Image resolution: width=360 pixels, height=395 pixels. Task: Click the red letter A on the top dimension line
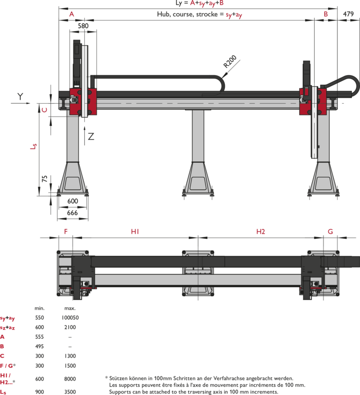71,14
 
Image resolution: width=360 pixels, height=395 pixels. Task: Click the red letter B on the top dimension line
326,14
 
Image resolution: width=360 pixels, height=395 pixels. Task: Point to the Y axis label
20,96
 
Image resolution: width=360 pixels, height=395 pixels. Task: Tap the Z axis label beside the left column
91,137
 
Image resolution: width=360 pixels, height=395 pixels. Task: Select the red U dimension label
44,109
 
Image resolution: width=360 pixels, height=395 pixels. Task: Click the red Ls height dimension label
33,146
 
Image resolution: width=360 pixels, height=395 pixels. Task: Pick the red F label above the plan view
66,232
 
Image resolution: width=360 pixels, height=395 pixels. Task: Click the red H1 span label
135,232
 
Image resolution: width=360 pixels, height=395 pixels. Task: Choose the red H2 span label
261,232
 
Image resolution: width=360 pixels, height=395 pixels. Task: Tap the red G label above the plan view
330,232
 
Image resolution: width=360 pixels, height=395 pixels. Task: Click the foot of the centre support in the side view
198,180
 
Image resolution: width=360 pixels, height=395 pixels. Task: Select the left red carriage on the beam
83,102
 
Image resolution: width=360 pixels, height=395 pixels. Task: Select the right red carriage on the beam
313,101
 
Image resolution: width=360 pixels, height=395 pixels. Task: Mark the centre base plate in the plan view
198,273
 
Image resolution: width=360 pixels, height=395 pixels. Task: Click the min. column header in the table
39,308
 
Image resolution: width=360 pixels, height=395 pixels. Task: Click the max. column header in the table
70,308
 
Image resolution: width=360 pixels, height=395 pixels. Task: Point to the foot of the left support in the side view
73,180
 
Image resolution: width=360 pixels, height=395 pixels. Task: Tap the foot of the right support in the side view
323,180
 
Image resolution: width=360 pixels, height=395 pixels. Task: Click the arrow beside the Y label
21,103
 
